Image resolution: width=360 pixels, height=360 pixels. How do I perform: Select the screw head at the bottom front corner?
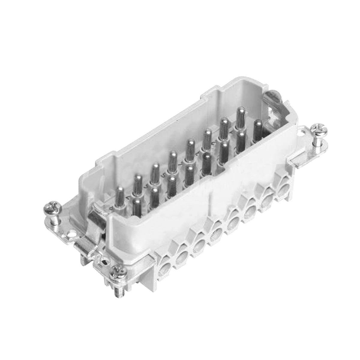[x=117, y=274]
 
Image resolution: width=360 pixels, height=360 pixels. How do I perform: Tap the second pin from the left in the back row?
[x=138, y=184]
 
